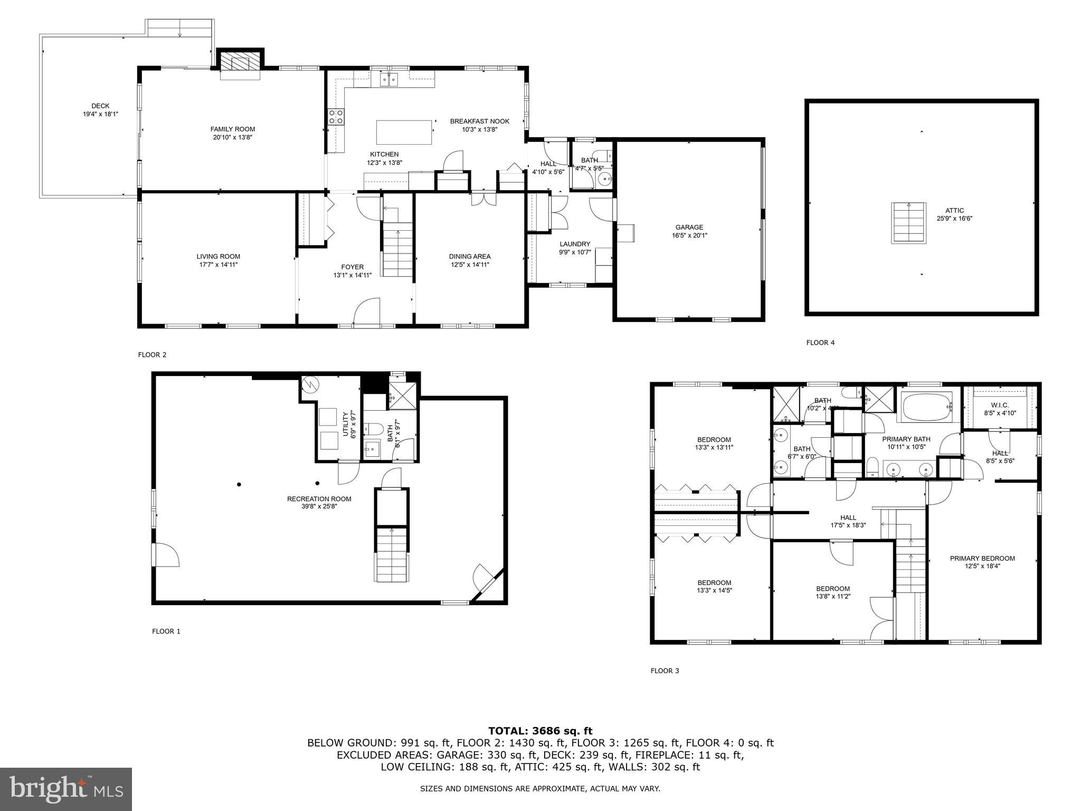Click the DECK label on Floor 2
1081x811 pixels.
pyautogui.click(x=100, y=106)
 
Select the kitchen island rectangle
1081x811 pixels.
pyautogui.click(x=404, y=132)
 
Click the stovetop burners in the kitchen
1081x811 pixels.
pyautogui.click(x=336, y=117)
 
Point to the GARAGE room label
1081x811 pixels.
pyautogui.click(x=689, y=228)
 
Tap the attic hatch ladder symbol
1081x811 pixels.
pyautogui.click(x=908, y=223)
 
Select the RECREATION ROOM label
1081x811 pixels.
pyautogui.click(x=319, y=499)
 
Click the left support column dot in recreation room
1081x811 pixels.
pyautogui.click(x=239, y=484)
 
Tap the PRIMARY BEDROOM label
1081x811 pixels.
pyautogui.click(x=982, y=558)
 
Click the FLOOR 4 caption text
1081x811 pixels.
pyautogui.click(x=820, y=343)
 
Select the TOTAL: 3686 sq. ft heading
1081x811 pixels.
pyautogui.click(x=540, y=731)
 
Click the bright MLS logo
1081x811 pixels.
pyautogui.click(x=66, y=789)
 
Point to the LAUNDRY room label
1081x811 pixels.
pyautogui.click(x=575, y=244)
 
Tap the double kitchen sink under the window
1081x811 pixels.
pyautogui.click(x=389, y=80)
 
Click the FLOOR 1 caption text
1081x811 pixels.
pyautogui.click(x=166, y=631)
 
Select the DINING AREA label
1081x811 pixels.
pyautogui.click(x=470, y=257)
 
